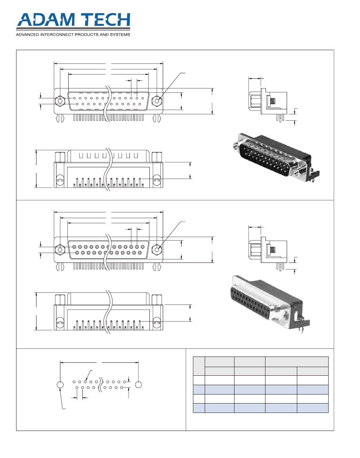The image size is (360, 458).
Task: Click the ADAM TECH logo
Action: tap(73, 22)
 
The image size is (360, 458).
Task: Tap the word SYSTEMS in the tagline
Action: tap(119, 34)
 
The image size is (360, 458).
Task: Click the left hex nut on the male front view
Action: tap(60, 101)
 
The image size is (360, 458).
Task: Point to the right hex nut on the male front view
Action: tap(157, 101)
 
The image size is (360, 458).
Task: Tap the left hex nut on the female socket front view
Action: tap(60, 250)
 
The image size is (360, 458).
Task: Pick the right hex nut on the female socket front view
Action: tap(157, 250)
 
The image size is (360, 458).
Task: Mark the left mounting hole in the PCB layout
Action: tap(60, 385)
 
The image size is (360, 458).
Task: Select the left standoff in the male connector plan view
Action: tap(59, 157)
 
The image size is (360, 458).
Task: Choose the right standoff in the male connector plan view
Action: tap(156, 157)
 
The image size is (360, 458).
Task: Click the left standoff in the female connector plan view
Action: tap(59, 300)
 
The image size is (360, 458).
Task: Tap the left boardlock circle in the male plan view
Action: tap(59, 180)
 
